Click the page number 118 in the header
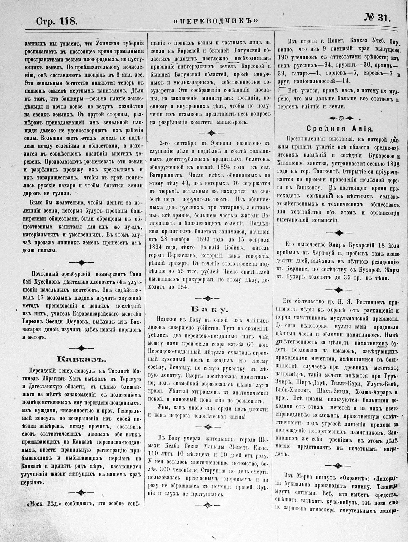click(69, 22)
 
